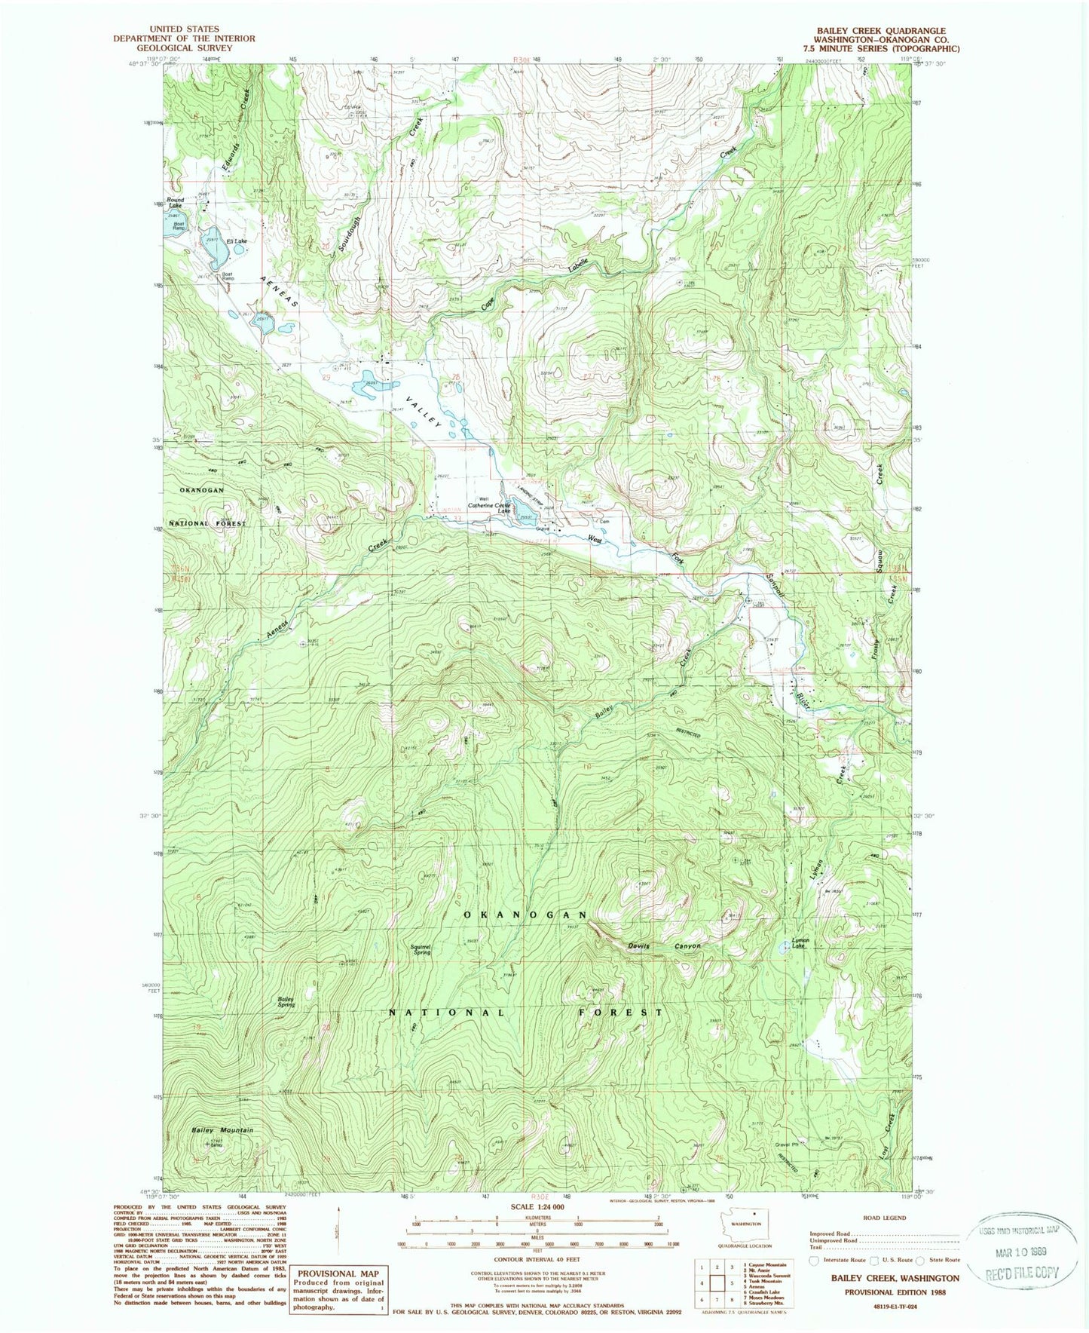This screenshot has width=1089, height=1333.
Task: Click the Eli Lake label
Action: tap(237, 241)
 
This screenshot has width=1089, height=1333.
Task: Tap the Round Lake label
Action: tap(175, 203)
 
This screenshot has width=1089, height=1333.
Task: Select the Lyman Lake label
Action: tap(800, 943)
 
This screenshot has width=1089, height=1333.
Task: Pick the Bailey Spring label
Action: tap(286, 1002)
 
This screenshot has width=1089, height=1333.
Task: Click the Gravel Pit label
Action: tap(786, 1144)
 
